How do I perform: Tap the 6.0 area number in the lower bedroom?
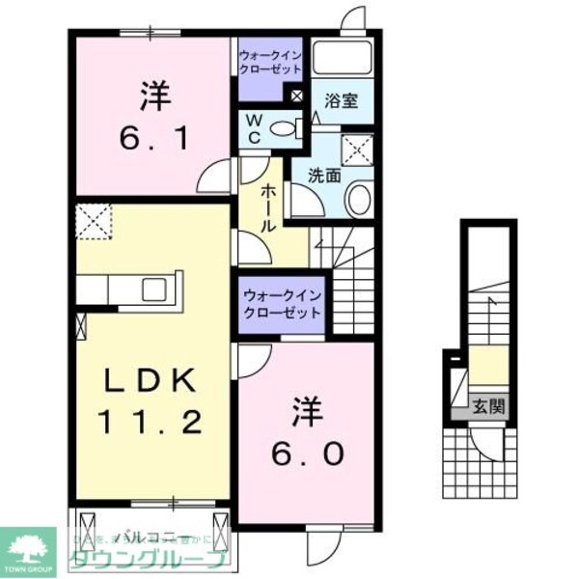click(x=306, y=453)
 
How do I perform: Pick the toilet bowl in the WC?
click(x=284, y=128)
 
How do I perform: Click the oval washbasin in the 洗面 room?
click(x=357, y=201)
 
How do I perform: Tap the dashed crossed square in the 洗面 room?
click(x=360, y=149)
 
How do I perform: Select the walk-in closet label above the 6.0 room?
click(x=282, y=307)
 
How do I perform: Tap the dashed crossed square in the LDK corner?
click(x=95, y=224)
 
